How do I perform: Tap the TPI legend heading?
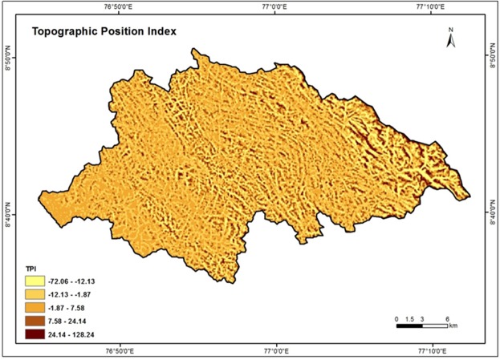point(30,266)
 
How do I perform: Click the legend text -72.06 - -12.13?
point(79,281)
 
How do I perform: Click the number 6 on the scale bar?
point(447,319)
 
